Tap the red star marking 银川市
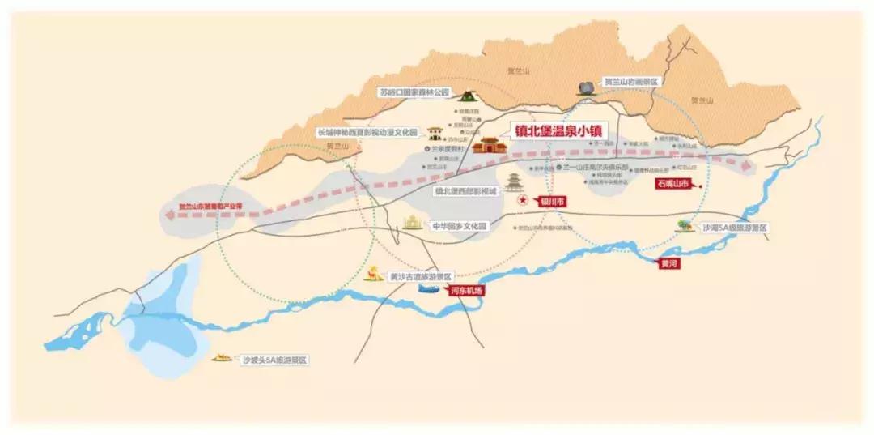point(523,199)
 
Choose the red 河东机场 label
point(467,291)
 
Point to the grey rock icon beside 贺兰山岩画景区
point(586,87)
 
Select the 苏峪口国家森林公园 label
point(413,93)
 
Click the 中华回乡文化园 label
point(459,225)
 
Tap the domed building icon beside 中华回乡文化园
point(414,221)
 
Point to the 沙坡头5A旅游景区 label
point(276,359)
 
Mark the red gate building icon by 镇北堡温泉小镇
point(490,146)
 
